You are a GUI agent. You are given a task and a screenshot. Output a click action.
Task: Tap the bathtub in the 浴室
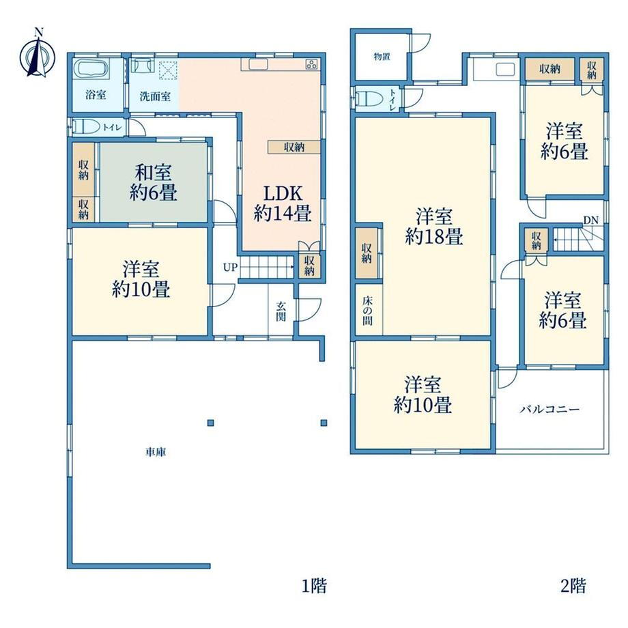point(93,68)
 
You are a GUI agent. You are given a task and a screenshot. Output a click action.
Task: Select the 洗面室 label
point(155,96)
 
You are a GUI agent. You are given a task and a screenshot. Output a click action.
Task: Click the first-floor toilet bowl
point(87,128)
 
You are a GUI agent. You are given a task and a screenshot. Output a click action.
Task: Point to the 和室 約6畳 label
point(154,183)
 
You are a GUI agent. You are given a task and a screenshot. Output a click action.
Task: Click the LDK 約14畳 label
point(283,204)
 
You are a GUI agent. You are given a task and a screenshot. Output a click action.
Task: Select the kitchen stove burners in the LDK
point(311,63)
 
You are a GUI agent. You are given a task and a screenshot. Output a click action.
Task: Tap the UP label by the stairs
point(230,267)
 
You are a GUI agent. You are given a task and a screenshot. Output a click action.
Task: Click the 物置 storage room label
point(382,57)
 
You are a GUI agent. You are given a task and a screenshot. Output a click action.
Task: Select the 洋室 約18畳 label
point(434,227)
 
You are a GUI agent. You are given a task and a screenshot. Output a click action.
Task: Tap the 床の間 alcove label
point(368,311)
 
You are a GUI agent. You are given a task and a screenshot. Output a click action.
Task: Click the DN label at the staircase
point(590,220)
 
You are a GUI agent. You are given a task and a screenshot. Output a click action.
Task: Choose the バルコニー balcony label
point(550,410)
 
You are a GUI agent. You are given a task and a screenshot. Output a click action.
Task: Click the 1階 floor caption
point(314,586)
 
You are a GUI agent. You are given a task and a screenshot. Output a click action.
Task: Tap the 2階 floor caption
point(573,586)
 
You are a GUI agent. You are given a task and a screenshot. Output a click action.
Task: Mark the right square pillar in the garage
point(324,423)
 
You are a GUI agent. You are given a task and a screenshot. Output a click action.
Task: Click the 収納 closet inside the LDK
point(294,147)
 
